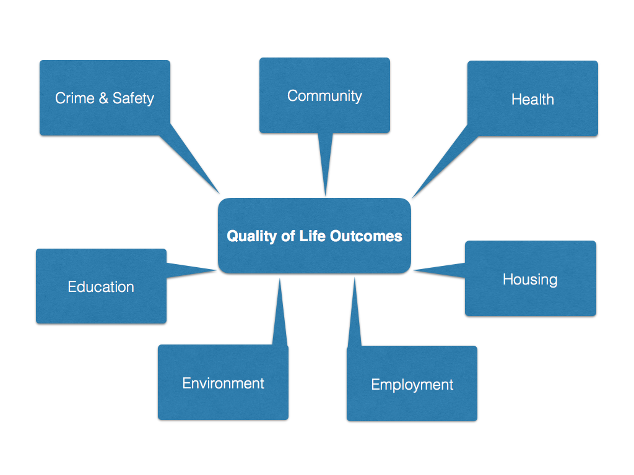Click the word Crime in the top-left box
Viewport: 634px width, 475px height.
click(75, 98)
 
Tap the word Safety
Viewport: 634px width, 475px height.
click(134, 99)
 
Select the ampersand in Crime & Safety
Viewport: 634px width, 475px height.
click(103, 98)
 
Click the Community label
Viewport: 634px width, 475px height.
click(324, 96)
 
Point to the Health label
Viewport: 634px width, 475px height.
click(532, 100)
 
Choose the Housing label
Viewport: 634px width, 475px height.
click(530, 280)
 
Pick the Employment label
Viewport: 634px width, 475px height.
click(412, 385)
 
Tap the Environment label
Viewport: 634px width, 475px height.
click(223, 383)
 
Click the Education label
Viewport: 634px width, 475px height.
click(101, 287)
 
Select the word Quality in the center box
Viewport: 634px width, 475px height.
click(251, 236)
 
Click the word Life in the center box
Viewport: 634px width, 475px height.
click(312, 236)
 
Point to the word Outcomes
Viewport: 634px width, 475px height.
click(366, 236)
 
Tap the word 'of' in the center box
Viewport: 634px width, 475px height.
click(288, 236)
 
